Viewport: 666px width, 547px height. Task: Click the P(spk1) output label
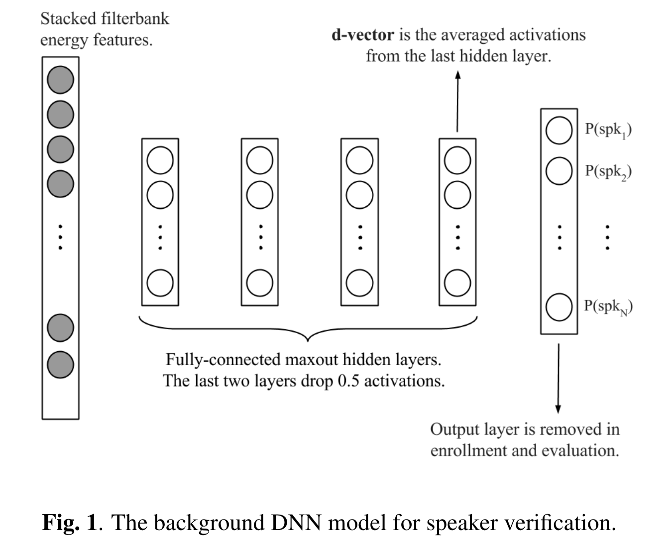click(x=608, y=130)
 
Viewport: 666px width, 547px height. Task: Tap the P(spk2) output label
click(x=608, y=171)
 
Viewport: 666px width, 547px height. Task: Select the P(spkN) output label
click(x=608, y=306)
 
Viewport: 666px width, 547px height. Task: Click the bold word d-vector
click(x=363, y=35)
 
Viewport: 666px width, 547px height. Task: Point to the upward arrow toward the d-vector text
click(x=457, y=100)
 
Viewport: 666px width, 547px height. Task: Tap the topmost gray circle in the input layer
click(x=61, y=80)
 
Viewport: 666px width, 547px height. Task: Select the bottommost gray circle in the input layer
click(x=61, y=364)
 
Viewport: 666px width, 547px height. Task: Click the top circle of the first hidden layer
click(x=160, y=160)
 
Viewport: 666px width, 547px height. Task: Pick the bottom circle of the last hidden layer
click(x=457, y=282)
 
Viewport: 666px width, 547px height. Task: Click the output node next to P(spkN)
click(x=559, y=306)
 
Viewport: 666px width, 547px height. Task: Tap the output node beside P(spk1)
click(x=559, y=130)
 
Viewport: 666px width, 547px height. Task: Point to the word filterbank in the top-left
click(x=135, y=19)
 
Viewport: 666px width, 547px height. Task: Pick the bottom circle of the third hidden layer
click(x=359, y=282)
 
